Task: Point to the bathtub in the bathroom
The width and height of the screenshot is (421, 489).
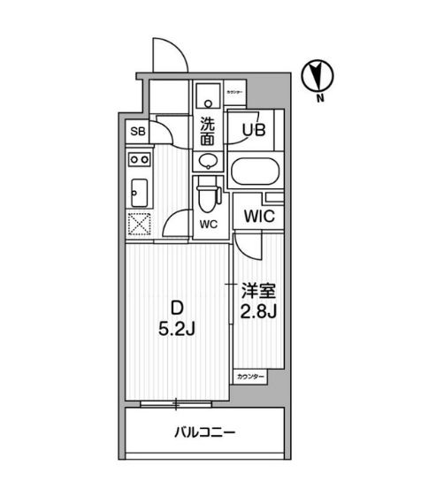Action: click(253, 171)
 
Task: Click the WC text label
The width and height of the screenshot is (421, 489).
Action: click(209, 224)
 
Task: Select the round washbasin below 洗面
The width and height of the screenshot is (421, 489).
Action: click(208, 161)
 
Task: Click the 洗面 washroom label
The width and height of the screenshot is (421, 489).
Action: click(208, 131)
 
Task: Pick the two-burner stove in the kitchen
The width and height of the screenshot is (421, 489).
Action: click(139, 160)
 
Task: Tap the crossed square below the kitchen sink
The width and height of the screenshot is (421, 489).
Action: click(139, 225)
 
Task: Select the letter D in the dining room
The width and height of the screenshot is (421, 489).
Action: click(177, 309)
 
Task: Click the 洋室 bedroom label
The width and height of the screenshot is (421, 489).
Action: click(258, 291)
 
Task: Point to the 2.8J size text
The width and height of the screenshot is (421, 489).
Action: click(258, 311)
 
